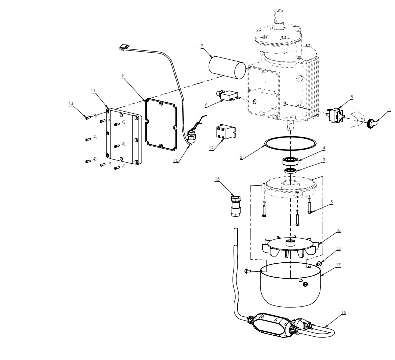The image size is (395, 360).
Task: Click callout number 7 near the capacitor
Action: point(202,46)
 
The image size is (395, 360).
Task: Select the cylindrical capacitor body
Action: point(227,67)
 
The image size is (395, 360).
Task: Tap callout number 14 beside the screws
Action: point(71,104)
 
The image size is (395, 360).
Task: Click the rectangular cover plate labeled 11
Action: point(123,137)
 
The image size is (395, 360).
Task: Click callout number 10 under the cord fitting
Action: point(176,160)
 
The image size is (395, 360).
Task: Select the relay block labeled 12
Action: point(225,132)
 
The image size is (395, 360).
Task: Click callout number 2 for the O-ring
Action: point(241,158)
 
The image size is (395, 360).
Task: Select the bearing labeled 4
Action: point(290,161)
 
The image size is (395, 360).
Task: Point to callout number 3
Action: point(324,160)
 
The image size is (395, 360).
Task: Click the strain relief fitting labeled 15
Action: point(236,205)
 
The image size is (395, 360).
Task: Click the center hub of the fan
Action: point(290,243)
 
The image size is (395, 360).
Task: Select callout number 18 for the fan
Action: point(338,230)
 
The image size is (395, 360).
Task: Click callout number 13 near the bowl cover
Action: point(338,248)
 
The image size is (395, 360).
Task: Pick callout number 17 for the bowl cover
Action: point(338,265)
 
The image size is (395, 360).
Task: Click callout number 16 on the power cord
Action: point(343,312)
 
